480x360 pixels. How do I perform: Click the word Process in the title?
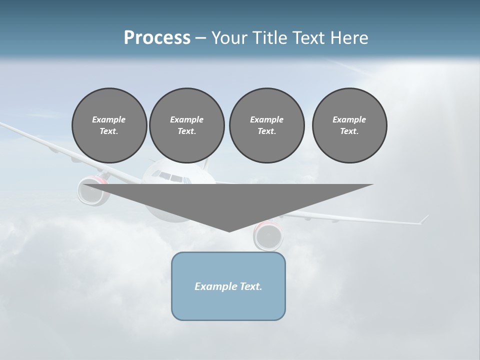point(157,38)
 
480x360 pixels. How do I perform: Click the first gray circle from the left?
point(109,125)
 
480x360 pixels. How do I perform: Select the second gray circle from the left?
point(186,125)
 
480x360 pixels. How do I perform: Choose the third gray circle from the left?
point(266,125)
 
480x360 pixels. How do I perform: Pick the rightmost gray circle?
point(349,125)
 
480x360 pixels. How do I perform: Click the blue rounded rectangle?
point(228,305)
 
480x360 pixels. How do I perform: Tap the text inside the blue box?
point(228,286)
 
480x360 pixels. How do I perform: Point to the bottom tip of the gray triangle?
point(229,231)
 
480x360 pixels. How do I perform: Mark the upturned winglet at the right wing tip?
point(424,219)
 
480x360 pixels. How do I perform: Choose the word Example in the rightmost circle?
point(349,119)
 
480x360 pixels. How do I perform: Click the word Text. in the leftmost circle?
point(109,131)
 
